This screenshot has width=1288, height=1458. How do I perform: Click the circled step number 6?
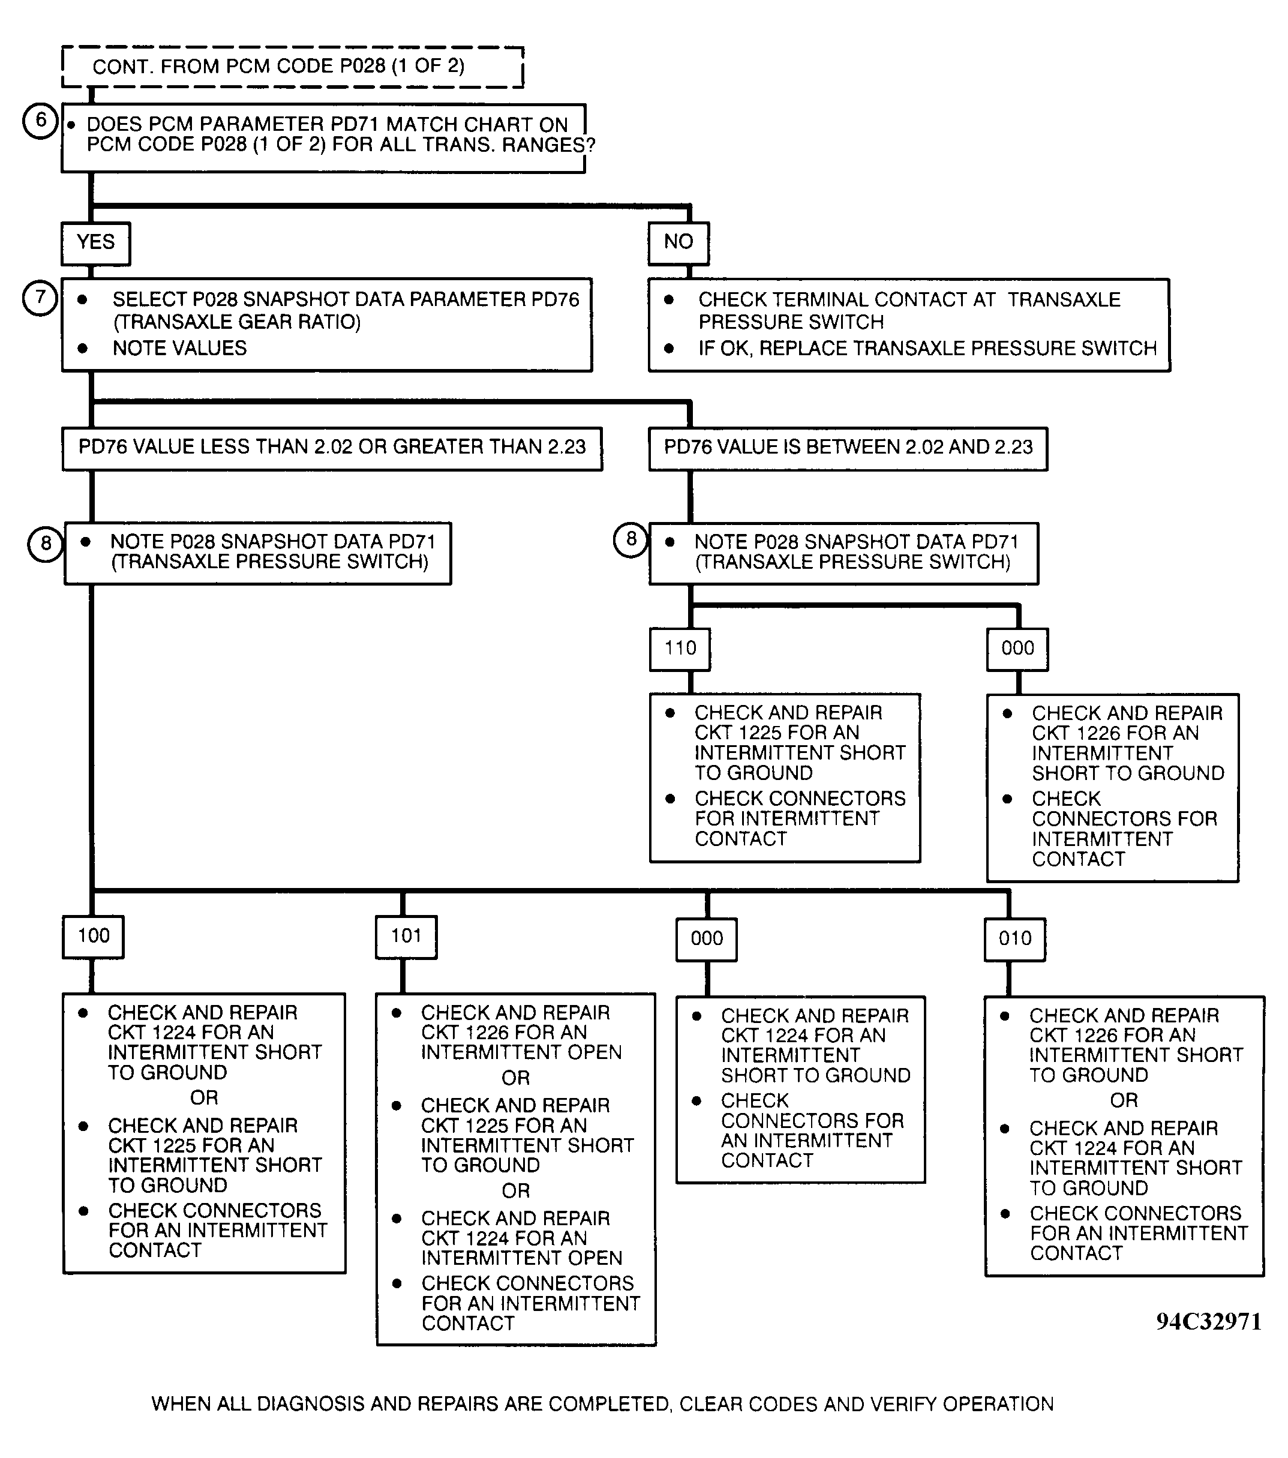pos(41,120)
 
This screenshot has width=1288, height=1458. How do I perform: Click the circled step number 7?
pos(41,297)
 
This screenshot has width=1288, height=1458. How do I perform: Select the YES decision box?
pos(95,242)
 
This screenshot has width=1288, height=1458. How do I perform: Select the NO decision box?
pos(678,242)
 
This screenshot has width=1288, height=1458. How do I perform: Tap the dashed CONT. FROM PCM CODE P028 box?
pos(292,67)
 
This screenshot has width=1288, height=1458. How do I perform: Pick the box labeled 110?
pos(680,649)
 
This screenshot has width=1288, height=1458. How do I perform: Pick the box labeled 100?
pos(94,936)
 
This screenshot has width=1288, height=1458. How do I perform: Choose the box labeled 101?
pos(406,936)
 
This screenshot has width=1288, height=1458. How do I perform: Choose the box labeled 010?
pos(1015,939)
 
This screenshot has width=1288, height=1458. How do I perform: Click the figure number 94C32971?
pos(1208,1322)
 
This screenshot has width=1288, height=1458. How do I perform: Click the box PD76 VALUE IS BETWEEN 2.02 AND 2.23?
pos(848,448)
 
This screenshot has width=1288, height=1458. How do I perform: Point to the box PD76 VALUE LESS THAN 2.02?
pos(332,448)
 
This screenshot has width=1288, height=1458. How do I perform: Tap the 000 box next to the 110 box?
pos(1017,649)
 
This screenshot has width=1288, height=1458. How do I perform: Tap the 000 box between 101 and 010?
pos(706,939)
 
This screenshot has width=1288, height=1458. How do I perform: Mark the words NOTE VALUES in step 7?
pos(180,348)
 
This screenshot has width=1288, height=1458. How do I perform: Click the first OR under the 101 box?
pos(516,1078)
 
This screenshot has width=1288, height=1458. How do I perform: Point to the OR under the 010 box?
pos(1124,1100)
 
